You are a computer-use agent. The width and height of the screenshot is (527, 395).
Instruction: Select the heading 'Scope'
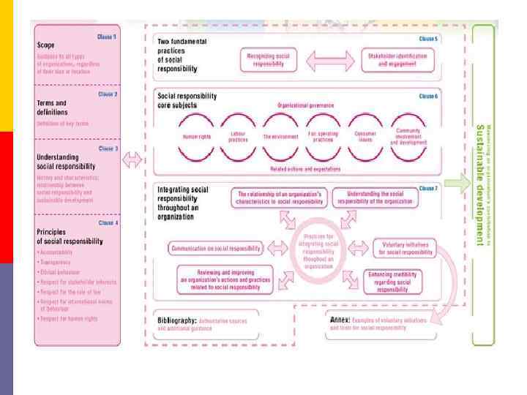click(46, 45)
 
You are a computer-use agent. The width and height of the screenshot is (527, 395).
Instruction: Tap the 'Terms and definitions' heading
click(51, 108)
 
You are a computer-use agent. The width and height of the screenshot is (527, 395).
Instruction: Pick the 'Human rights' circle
click(193, 136)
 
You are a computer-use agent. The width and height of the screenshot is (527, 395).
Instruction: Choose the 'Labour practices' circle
click(239, 136)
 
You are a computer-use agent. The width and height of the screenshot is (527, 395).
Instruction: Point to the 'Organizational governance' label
click(305, 105)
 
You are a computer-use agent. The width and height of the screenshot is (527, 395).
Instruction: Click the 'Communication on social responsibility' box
click(216, 249)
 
